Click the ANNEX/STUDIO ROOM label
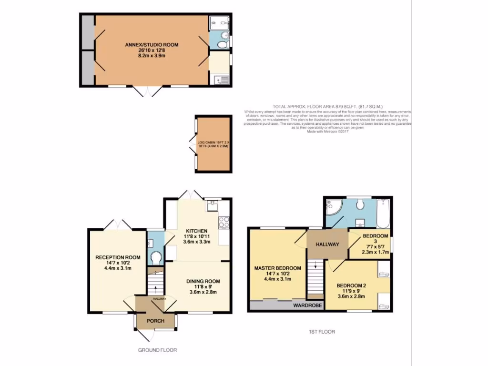coord(151,44)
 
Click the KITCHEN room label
coord(197,231)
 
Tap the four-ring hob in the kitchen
coord(224,222)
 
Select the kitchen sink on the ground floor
coord(212,206)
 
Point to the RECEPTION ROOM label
coord(117,257)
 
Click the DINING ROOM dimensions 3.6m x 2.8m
coord(203,292)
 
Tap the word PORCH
coord(155,321)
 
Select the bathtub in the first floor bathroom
coord(383,213)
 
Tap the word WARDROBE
coord(305,305)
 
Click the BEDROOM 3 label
coord(376,236)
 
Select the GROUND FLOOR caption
coord(158,350)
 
